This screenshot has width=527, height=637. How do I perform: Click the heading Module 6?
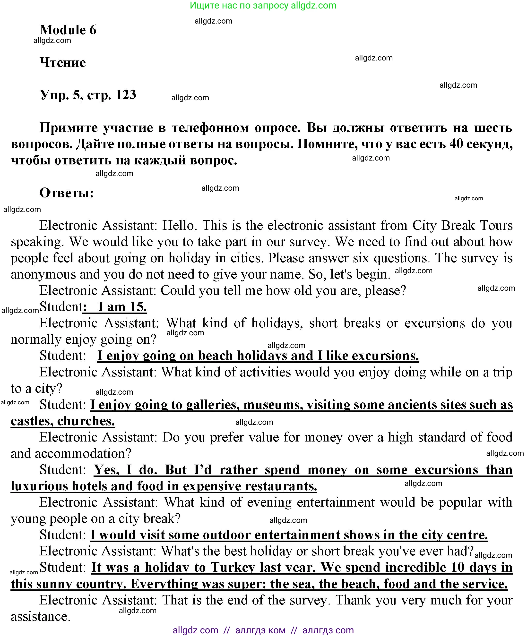68,30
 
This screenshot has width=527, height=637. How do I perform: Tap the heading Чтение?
63,62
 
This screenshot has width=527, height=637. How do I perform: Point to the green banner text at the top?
263,5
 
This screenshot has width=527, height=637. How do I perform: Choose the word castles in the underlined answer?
31,421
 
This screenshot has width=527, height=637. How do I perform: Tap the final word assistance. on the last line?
41,617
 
